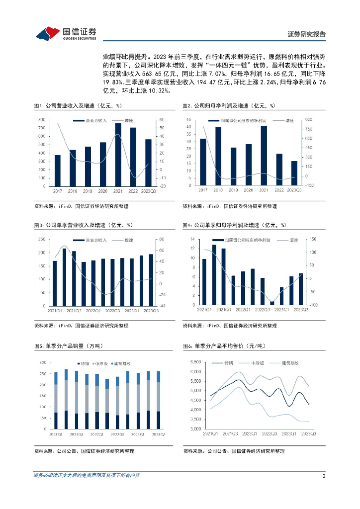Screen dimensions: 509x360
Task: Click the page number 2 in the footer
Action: [324, 476]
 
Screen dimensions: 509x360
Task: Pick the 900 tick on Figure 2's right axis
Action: [308, 120]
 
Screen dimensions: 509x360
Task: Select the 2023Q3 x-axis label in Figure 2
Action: [294, 190]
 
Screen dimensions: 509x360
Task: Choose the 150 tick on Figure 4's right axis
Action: [312, 239]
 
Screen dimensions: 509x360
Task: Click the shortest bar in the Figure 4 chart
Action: [272, 303]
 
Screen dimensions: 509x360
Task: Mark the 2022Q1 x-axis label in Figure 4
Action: [243, 310]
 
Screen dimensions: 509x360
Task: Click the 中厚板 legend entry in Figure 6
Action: [257, 363]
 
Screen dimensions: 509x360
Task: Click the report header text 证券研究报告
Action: [307, 34]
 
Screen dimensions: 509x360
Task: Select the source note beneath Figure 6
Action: [234, 451]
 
